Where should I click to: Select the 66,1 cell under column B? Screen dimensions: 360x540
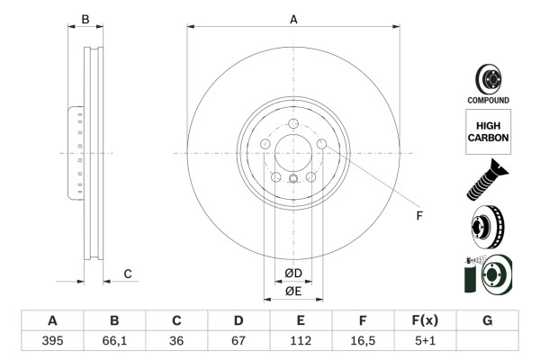(x=114, y=340)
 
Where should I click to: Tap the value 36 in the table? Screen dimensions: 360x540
(x=176, y=340)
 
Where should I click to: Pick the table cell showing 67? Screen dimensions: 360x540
(x=238, y=340)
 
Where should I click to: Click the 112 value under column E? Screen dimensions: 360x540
(x=301, y=340)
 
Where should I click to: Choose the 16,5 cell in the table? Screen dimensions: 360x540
(x=363, y=340)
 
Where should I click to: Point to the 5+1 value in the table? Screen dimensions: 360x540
(x=425, y=340)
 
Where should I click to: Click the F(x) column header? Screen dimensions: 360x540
(x=425, y=320)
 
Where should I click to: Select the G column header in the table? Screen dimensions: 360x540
(x=487, y=320)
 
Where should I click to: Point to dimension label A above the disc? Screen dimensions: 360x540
(x=293, y=18)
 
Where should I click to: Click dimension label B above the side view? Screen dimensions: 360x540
(x=85, y=18)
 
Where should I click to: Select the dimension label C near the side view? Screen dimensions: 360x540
(x=128, y=274)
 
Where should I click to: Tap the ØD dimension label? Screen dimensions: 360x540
(x=293, y=274)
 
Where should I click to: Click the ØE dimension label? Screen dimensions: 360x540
(x=293, y=291)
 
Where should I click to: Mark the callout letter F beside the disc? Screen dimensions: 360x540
(x=418, y=215)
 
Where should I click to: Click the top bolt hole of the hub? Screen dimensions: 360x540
(x=293, y=124)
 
